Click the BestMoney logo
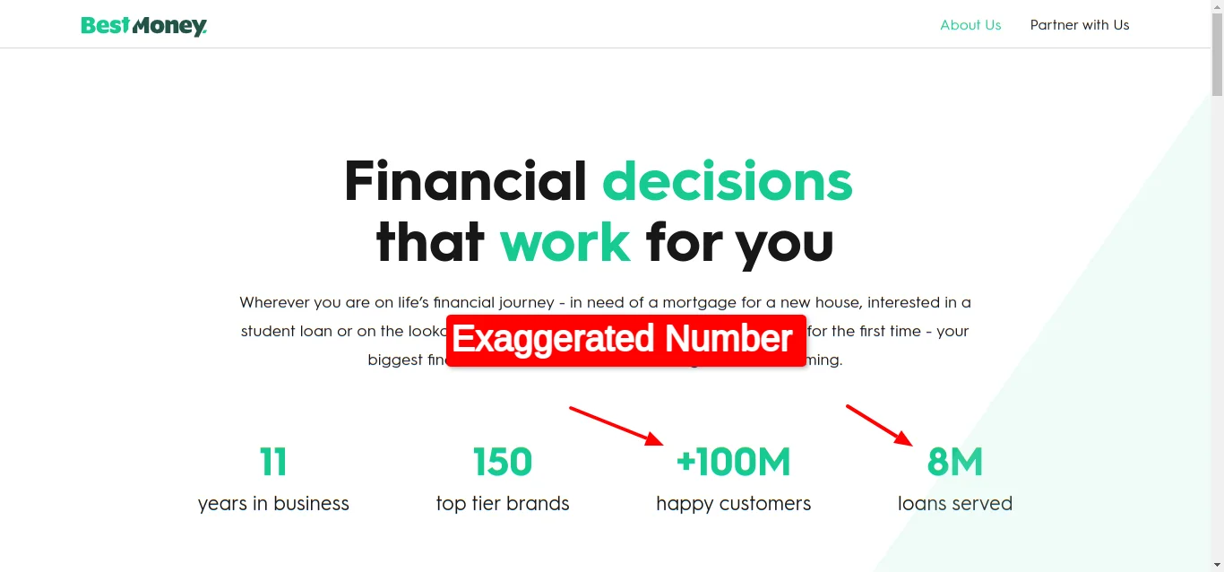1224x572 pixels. pos(143,26)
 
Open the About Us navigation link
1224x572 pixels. pos(970,25)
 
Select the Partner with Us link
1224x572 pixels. pos(1080,25)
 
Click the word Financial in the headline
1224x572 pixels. pos(465,181)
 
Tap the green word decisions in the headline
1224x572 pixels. pos(727,181)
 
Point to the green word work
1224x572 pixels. pos(565,242)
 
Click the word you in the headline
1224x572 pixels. pos(784,244)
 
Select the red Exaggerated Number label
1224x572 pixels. pos(625,340)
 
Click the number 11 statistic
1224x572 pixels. pos(273,463)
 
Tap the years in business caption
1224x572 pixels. pos(273,504)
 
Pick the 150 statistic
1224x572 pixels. pos(503,463)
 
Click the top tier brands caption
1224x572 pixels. pos(503,504)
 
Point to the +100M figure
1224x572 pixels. pos(733,463)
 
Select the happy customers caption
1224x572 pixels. pos(733,504)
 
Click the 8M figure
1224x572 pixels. pos(954,463)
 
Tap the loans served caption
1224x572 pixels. pos(954,504)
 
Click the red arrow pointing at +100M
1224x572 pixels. pos(616,426)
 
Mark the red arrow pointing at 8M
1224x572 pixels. pos(880,425)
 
